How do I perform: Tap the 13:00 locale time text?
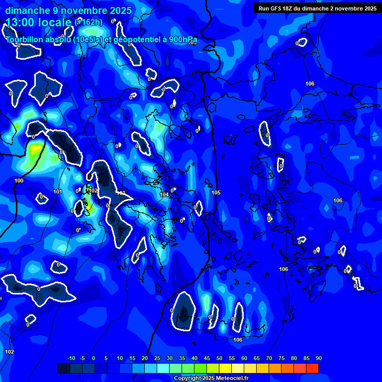(39, 22)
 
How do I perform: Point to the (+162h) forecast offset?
(89, 22)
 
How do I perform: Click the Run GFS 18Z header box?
(317, 8)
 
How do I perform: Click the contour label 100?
(19, 181)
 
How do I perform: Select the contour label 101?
(58, 191)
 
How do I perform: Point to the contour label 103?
(121, 193)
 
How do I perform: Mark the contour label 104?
(164, 194)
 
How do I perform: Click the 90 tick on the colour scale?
(318, 358)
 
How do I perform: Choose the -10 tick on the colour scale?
(71, 358)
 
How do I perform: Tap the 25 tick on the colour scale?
(157, 358)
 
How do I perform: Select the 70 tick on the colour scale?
(269, 358)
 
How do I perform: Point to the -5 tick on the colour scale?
(83, 358)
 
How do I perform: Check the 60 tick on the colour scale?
(244, 358)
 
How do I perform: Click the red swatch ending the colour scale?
(312, 368)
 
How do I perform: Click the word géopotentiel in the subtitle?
(138, 40)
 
